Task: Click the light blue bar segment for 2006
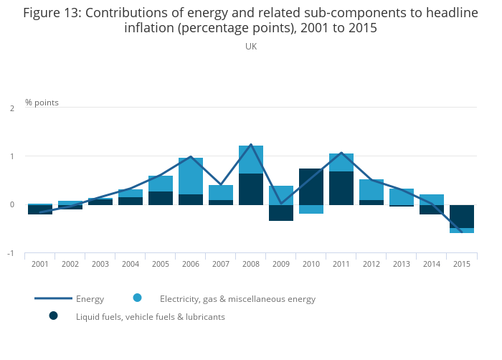191,176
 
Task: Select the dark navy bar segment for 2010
311,186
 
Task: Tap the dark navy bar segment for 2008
251,189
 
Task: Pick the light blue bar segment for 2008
251,159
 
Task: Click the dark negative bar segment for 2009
281,213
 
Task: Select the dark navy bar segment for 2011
341,188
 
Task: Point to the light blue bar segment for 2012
371,189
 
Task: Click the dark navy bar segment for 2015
462,217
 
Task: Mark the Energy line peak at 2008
251,145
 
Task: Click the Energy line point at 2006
191,157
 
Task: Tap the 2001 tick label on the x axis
40,264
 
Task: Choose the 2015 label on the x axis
462,264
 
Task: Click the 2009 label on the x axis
281,264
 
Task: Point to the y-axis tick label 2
12,108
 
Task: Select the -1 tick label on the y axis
11,254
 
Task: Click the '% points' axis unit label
42,103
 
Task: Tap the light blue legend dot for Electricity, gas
137,298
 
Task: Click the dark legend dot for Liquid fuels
53,316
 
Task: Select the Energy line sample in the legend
53,298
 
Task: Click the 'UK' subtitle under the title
251,47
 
